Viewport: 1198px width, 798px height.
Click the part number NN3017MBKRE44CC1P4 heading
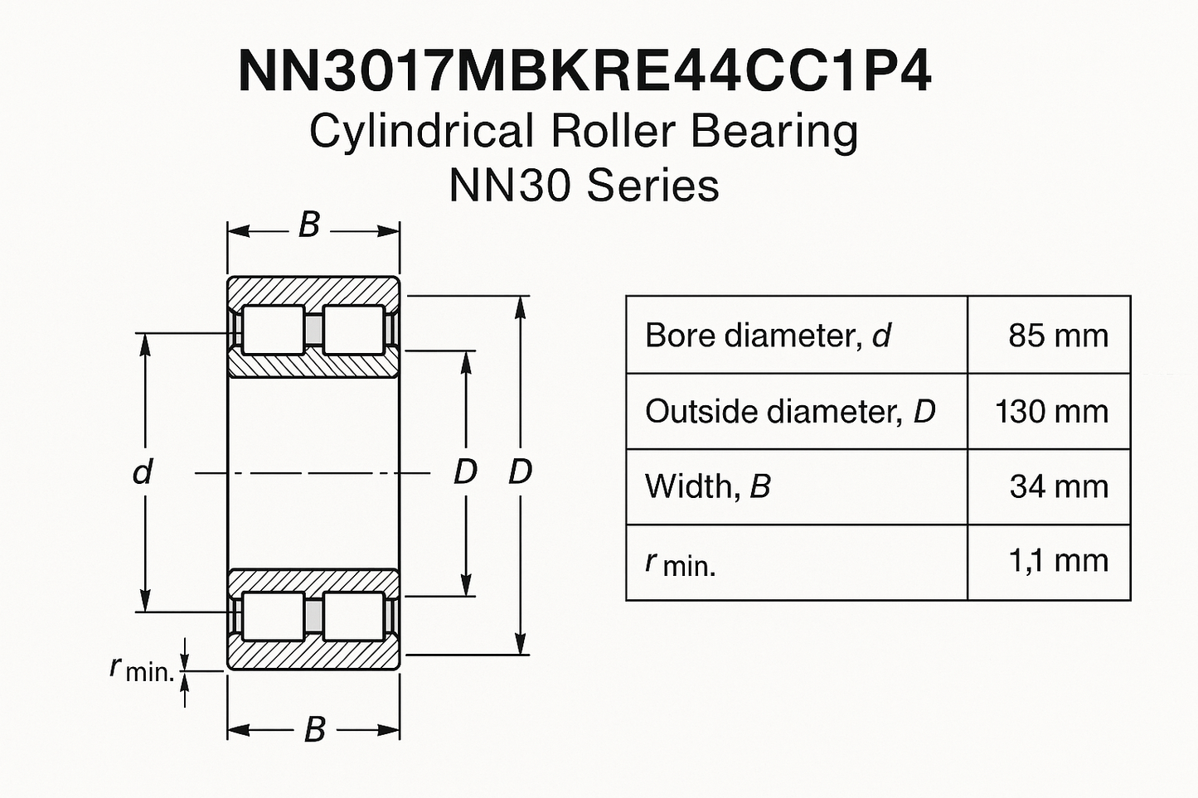(585, 71)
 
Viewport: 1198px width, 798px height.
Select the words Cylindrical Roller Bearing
(584, 132)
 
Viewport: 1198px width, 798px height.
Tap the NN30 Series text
(584, 185)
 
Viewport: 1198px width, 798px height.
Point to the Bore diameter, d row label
(768, 336)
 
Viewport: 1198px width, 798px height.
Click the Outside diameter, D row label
(790, 412)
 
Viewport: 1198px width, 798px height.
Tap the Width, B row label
(708, 486)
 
